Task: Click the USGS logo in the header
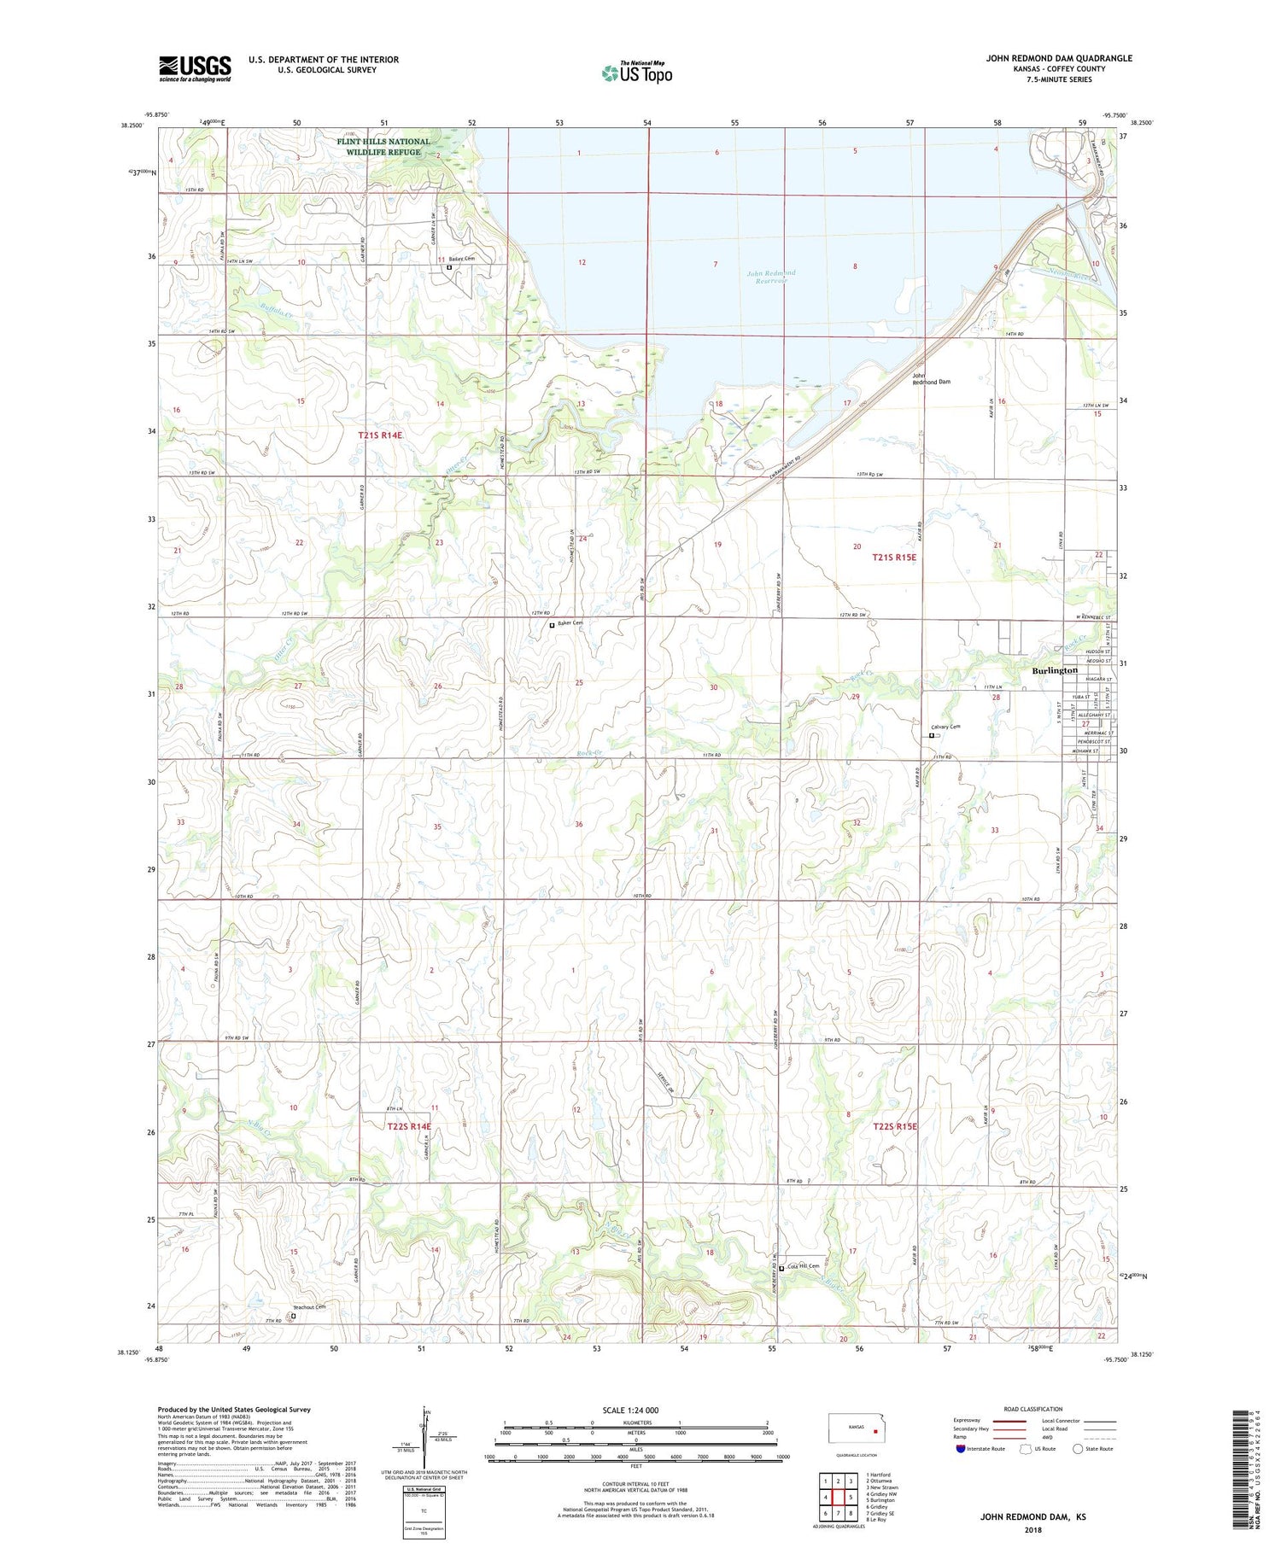pos(195,68)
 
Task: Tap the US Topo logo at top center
pos(637,73)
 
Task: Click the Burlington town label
pos(1055,670)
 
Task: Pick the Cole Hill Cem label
pos(803,1266)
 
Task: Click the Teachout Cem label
pos(309,1307)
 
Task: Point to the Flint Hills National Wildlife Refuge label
pos(383,147)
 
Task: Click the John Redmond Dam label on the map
pos(931,379)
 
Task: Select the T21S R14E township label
pos(380,435)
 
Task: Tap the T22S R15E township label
pos(894,1126)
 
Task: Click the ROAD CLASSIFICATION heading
pos(1033,1409)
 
